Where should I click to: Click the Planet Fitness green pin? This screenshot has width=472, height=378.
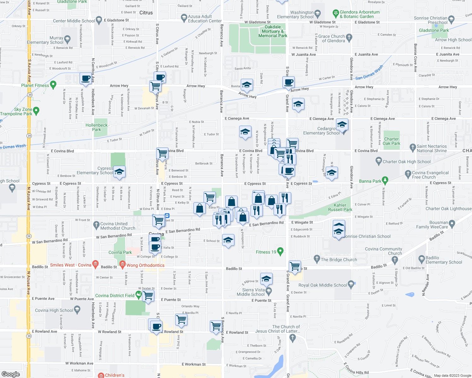click(53, 84)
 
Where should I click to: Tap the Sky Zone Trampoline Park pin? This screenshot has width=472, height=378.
click(36, 111)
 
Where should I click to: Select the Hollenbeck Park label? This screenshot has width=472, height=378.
click(97, 127)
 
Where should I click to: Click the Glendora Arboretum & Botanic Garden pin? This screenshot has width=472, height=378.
click(336, 13)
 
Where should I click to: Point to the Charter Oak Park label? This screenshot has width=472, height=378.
click(391, 141)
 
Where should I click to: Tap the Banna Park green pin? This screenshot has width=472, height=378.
click(385, 180)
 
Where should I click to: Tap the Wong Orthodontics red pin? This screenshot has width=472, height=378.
click(122, 264)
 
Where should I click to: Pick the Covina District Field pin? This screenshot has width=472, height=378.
click(138, 295)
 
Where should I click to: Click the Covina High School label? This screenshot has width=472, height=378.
click(54, 310)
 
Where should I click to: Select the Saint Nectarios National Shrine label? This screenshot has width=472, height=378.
click(432, 148)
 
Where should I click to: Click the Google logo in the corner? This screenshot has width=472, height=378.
click(11, 374)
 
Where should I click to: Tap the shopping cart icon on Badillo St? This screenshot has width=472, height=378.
click(295, 266)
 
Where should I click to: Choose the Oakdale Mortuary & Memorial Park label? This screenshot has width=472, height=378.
click(273, 31)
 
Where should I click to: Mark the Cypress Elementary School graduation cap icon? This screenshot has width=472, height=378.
click(119, 172)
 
